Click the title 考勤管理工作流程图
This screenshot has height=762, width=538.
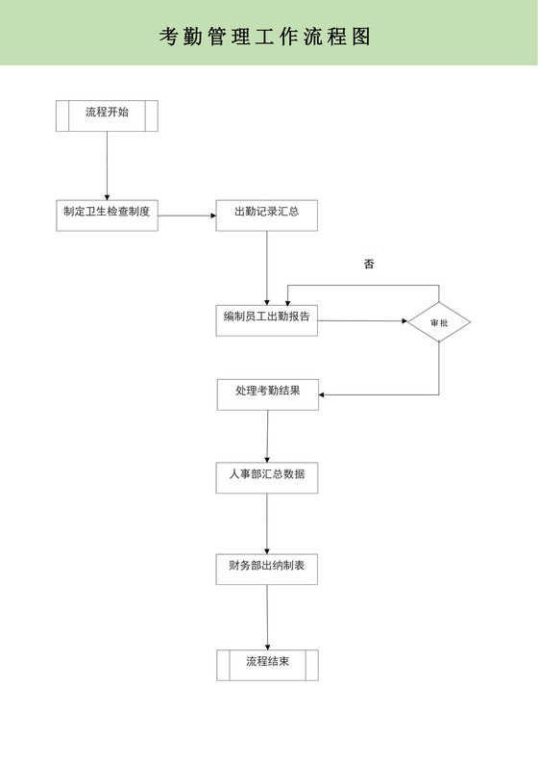264,37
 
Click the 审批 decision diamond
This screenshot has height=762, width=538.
438,322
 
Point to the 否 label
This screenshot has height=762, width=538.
369,264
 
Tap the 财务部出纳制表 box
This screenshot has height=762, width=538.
267,570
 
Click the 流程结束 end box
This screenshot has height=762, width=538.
267,665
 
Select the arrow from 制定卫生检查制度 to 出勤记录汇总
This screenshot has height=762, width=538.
186,216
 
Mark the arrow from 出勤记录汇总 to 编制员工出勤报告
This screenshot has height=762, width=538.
266,268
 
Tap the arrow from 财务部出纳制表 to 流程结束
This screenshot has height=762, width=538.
267,617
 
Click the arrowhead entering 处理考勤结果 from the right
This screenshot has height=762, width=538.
324,394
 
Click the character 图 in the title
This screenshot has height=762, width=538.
360,37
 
